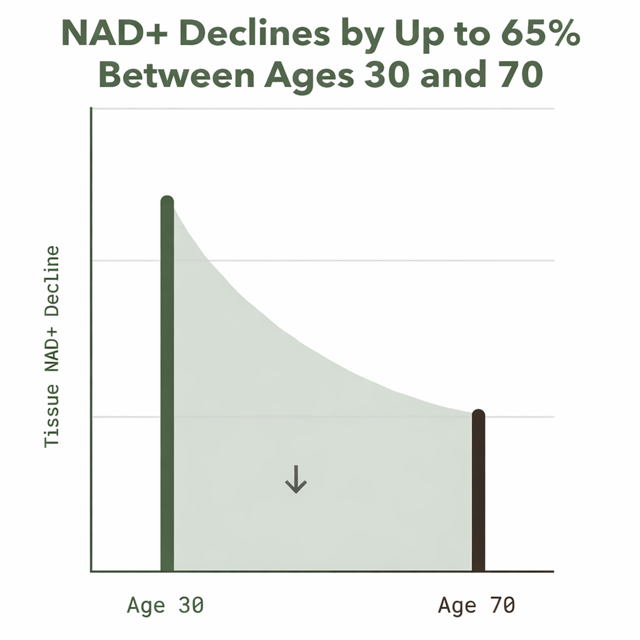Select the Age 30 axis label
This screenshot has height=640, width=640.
pyautogui.click(x=165, y=605)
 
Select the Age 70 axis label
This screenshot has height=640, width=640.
pyautogui.click(x=477, y=605)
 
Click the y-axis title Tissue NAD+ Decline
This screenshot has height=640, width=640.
pyautogui.click(x=52, y=347)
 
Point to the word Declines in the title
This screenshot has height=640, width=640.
pyautogui.click(x=255, y=35)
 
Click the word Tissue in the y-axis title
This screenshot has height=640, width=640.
pyautogui.click(x=52, y=416)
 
